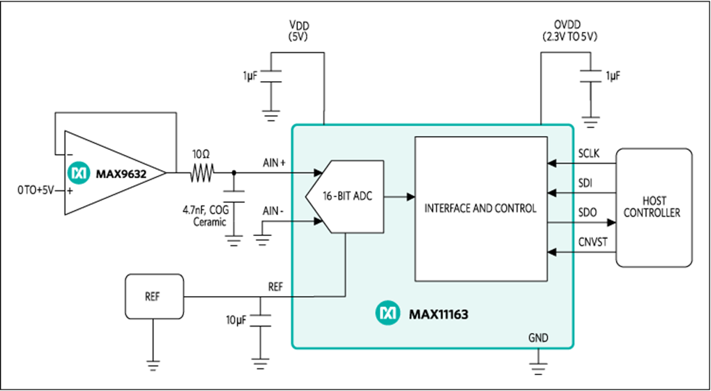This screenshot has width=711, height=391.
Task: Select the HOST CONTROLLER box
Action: point(654,208)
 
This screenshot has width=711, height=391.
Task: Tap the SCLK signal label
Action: point(589,154)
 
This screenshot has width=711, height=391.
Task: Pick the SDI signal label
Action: point(585,183)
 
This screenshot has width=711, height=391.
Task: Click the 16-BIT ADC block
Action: point(345,197)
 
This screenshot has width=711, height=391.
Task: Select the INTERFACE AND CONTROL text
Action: point(481,209)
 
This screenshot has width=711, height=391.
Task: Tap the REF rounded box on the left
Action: point(154,296)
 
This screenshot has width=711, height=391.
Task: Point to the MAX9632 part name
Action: point(120,174)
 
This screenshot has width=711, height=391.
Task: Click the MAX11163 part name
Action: point(438,314)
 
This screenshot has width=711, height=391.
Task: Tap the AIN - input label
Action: point(273,211)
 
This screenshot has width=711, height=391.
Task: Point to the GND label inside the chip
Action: point(538,337)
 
